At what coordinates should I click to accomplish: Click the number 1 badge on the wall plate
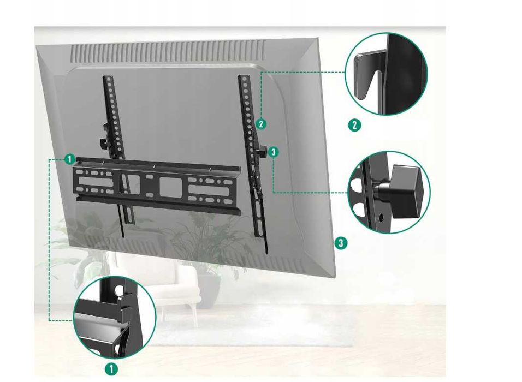coord(69,159)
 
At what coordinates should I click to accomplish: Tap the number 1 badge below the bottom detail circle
coord(111,368)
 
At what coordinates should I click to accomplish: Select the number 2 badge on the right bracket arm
coord(261,124)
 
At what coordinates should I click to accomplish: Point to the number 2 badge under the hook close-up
coord(354,125)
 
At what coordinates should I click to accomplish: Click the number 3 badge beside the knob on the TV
coord(274,152)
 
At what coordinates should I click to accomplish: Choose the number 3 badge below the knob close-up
coord(341,242)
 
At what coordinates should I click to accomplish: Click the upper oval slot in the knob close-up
coord(355,184)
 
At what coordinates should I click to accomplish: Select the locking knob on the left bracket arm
coord(103,143)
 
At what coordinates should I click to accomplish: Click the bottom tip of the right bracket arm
coord(266,252)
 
